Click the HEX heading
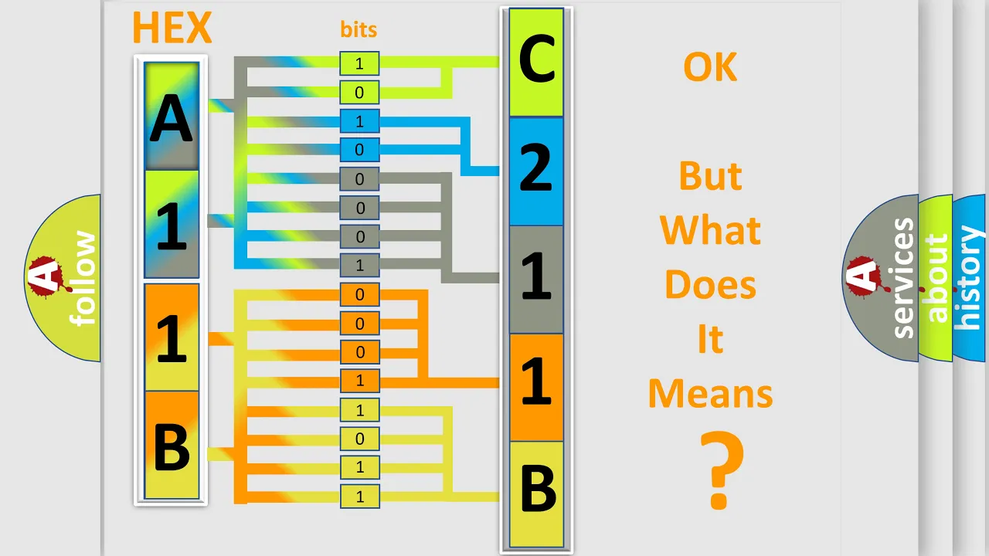click(x=172, y=28)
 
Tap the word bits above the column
click(x=359, y=29)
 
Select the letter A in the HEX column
click(x=172, y=118)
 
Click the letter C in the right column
click(x=536, y=59)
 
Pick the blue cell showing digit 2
click(x=536, y=171)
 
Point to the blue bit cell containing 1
click(x=359, y=121)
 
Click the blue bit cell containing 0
click(x=359, y=150)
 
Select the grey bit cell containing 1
click(x=359, y=265)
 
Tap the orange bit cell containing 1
click(x=359, y=381)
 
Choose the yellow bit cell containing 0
click(x=359, y=439)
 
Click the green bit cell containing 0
click(x=359, y=92)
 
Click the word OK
click(x=710, y=67)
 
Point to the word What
click(x=710, y=230)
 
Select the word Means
click(x=710, y=394)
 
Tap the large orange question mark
click(x=722, y=470)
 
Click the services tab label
click(x=902, y=278)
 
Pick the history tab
click(x=970, y=278)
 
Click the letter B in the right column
click(x=538, y=488)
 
